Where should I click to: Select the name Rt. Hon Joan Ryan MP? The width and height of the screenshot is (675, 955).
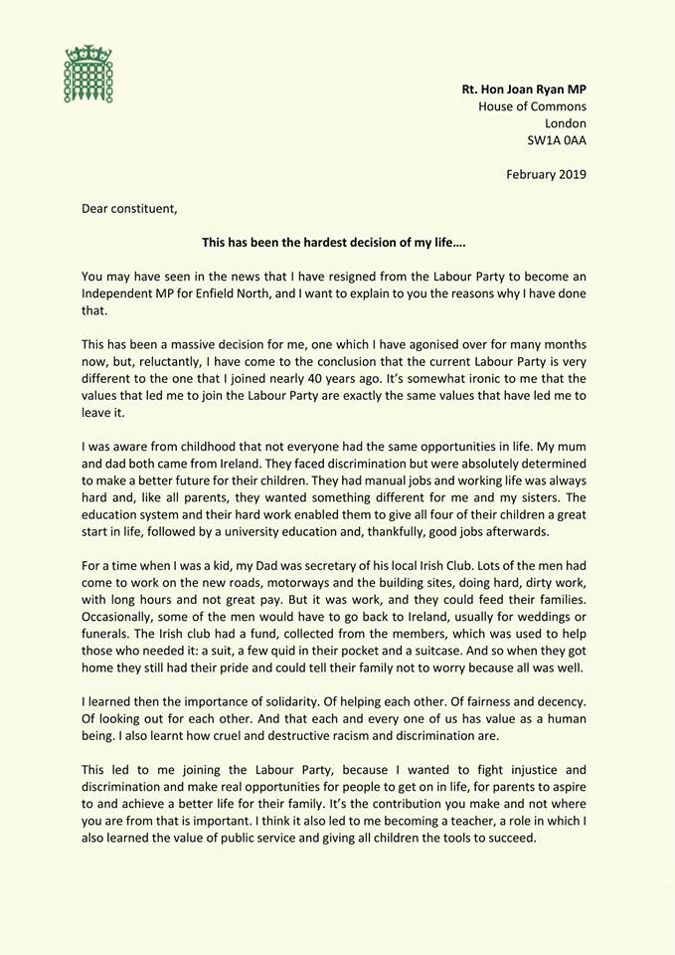[524, 90]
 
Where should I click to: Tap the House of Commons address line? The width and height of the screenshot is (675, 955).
[532, 106]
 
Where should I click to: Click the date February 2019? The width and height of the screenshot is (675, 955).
[546, 175]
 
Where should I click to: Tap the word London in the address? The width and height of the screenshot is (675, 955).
[563, 123]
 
